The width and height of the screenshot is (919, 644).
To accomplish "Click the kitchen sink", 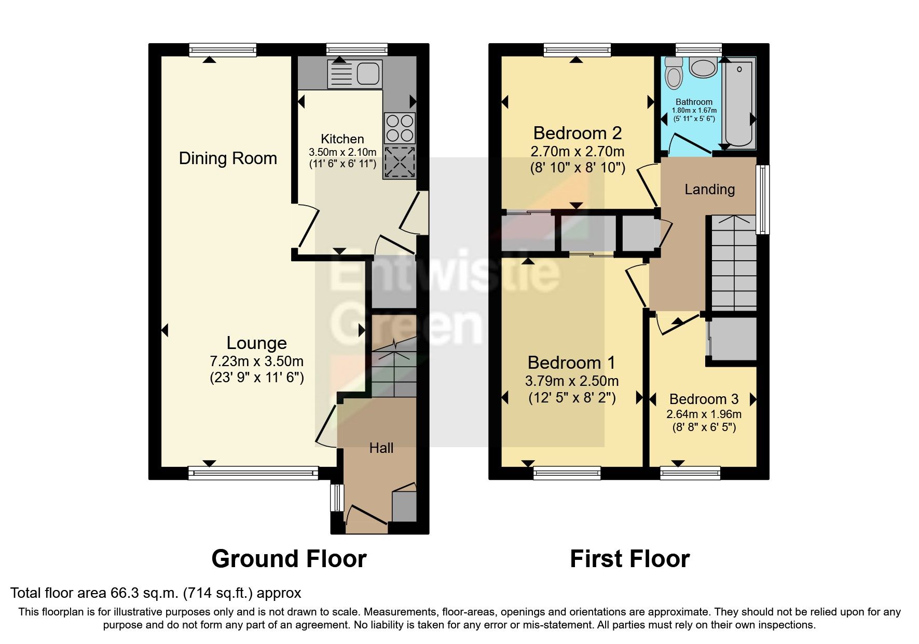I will (x=355, y=73).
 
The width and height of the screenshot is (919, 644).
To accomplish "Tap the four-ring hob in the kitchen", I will (x=400, y=128).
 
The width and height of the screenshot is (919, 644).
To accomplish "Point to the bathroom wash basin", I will (x=703, y=68).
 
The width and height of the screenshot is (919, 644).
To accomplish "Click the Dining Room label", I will (x=228, y=158).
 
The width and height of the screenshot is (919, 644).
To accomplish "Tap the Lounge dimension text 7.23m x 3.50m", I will (x=256, y=361).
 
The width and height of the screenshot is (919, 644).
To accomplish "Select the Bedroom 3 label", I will (x=704, y=399).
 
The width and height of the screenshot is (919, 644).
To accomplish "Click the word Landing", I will (x=709, y=189).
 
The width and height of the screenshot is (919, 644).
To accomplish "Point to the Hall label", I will (x=381, y=448).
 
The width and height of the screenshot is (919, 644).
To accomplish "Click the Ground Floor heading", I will (x=289, y=559).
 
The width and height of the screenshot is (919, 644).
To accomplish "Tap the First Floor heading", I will (x=629, y=559).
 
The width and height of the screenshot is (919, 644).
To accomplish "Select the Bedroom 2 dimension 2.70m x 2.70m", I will (x=577, y=152).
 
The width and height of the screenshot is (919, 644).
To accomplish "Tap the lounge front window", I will (x=253, y=472).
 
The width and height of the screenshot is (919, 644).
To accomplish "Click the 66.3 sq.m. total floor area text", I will (x=156, y=593).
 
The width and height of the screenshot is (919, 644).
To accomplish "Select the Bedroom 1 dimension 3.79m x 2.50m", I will (x=571, y=381).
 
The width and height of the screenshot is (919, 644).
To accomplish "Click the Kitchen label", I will (x=342, y=139).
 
